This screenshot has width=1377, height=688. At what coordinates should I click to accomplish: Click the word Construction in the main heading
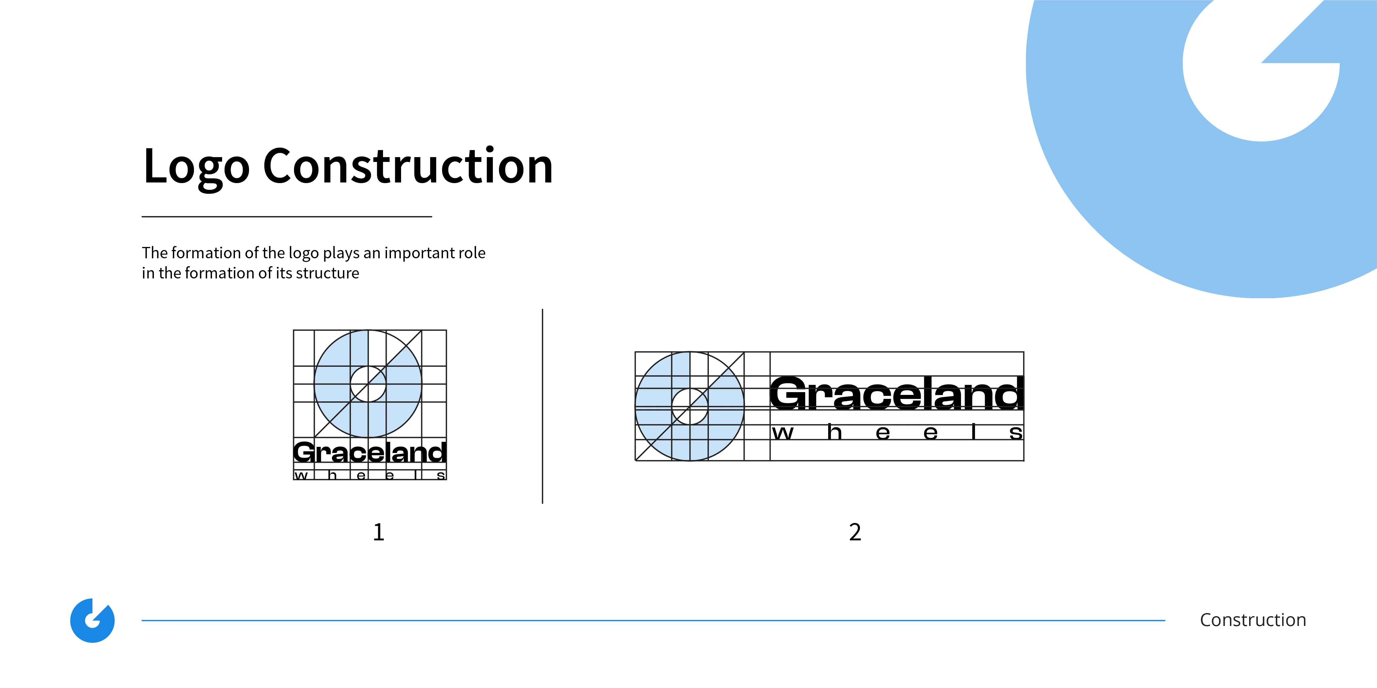408,166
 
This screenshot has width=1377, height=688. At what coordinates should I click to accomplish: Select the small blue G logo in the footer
92,620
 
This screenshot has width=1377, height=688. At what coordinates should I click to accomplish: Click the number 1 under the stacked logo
378,532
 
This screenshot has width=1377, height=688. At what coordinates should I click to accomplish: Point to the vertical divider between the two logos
542,406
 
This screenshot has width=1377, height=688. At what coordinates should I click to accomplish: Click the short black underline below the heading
287,216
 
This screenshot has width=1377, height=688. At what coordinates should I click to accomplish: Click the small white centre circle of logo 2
690,407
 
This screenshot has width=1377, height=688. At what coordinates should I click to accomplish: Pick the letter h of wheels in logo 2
835,431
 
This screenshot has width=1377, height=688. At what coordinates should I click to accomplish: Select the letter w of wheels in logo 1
301,475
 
